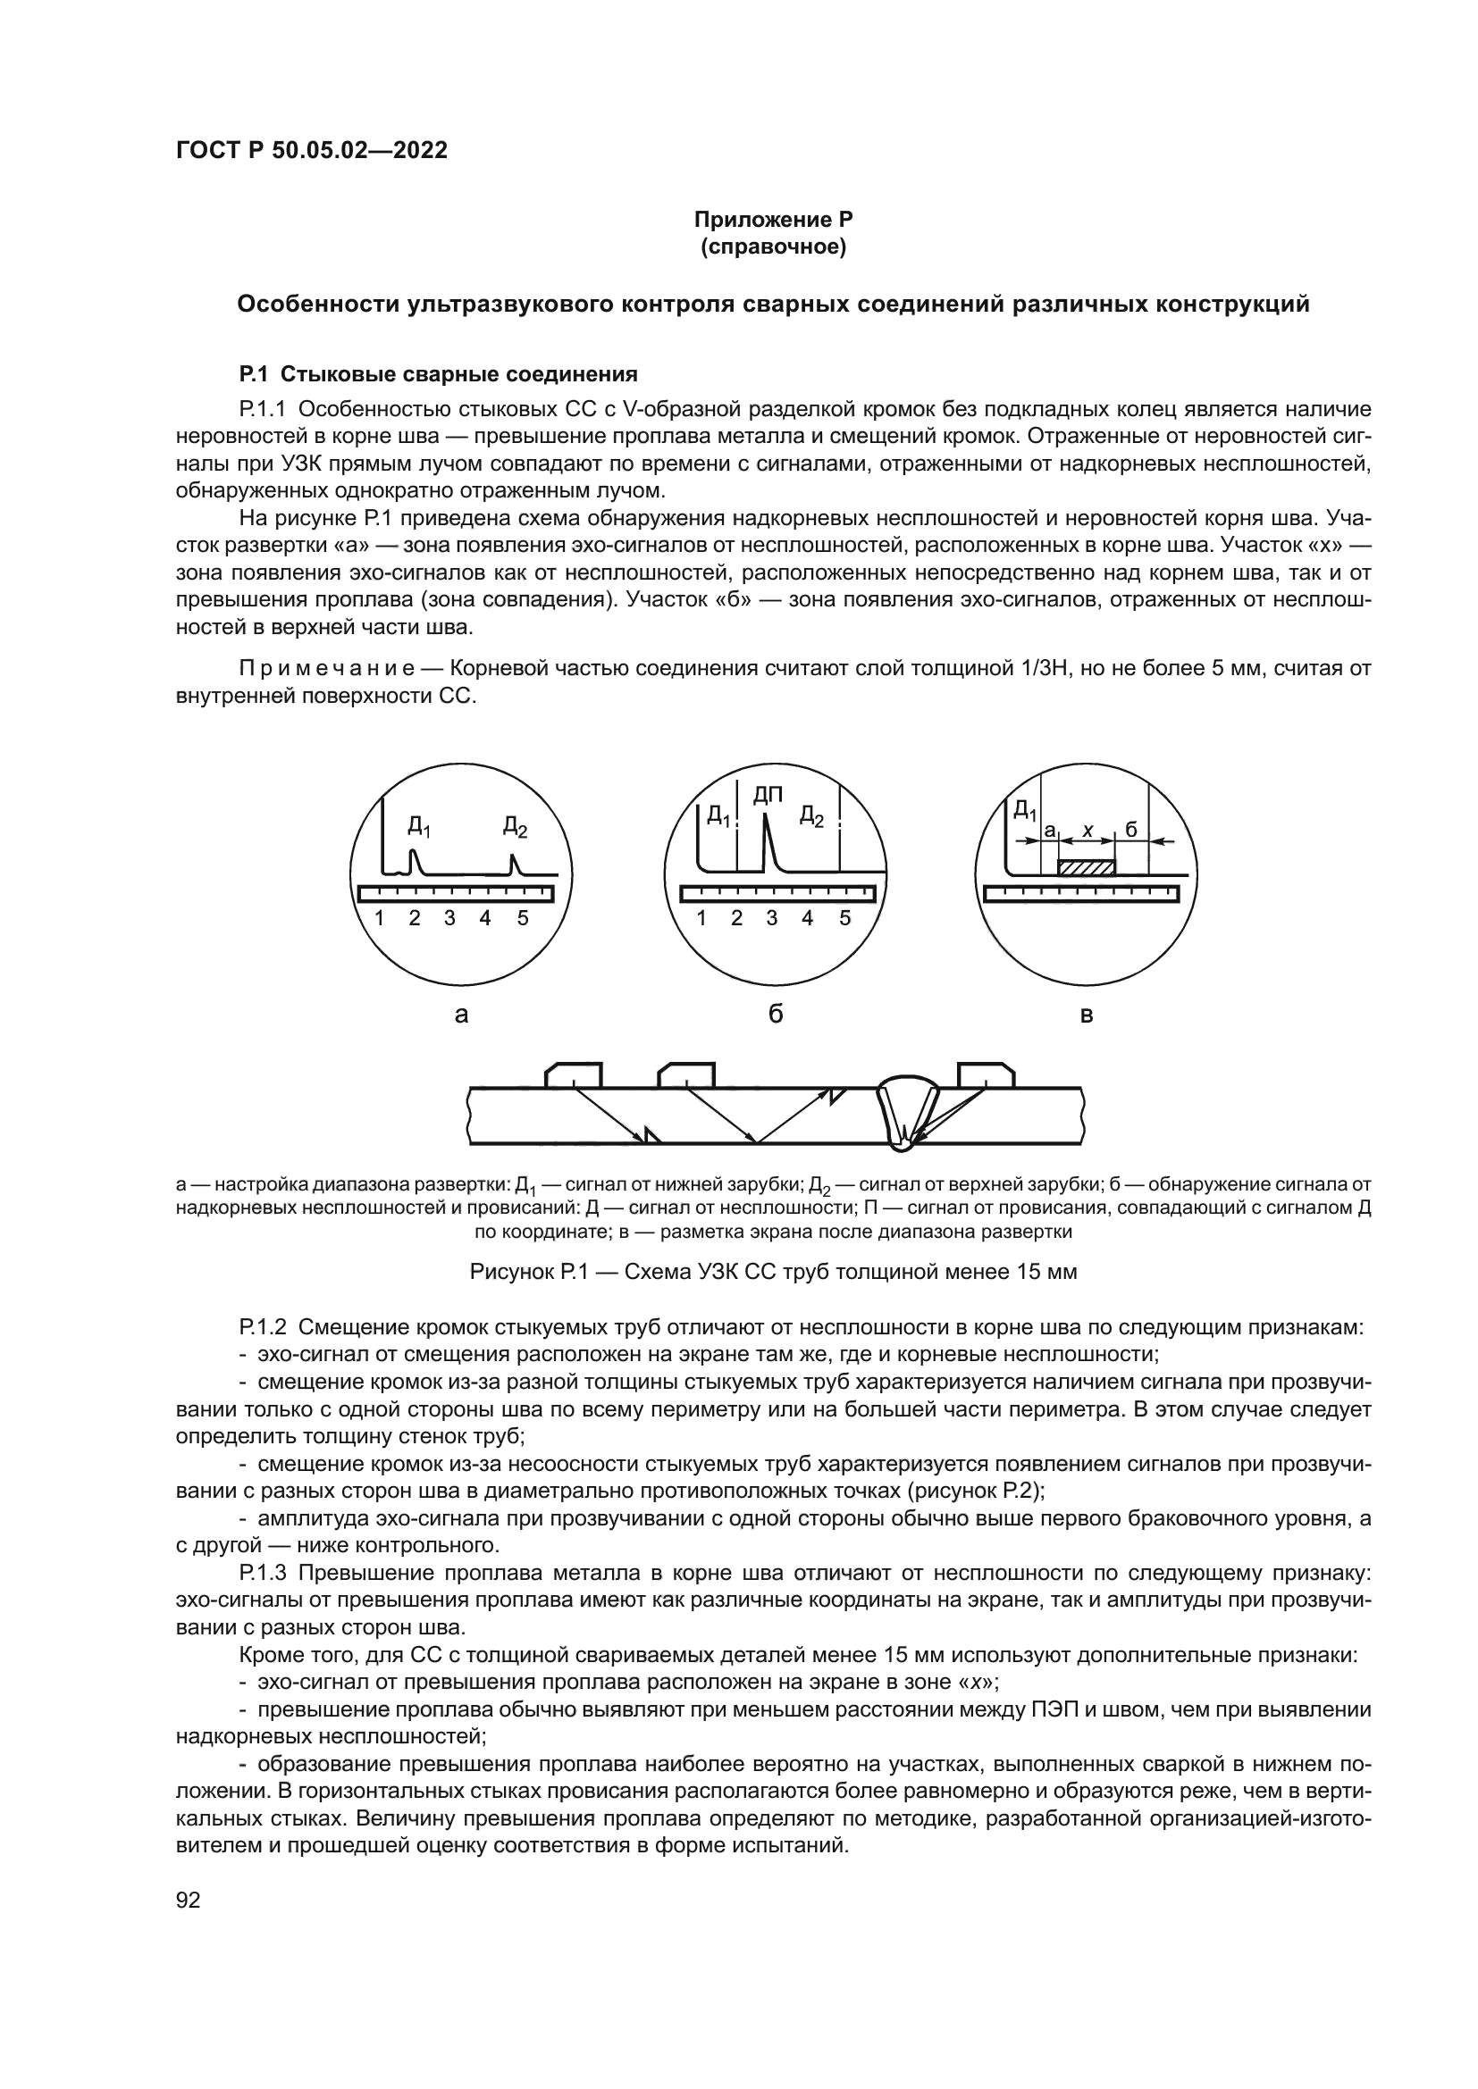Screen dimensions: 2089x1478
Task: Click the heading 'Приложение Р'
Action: click(x=773, y=220)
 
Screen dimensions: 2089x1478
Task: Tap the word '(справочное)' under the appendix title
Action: click(x=773, y=247)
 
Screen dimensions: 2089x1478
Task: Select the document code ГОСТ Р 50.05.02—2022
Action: click(x=311, y=150)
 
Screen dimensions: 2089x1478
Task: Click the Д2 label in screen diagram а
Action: click(x=515, y=827)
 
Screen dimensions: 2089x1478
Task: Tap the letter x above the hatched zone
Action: click(x=1087, y=830)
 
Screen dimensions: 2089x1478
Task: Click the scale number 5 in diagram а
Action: click(x=523, y=918)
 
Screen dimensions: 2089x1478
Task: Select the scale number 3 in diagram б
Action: click(x=772, y=918)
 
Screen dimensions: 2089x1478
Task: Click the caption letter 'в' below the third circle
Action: click(x=1086, y=1015)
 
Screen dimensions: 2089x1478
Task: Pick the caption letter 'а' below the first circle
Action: click(x=461, y=1014)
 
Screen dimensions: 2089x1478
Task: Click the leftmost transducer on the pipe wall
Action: click(x=574, y=1074)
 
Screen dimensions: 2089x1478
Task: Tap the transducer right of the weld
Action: click(x=987, y=1074)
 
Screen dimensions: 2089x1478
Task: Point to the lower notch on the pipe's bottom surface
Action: click(x=650, y=1134)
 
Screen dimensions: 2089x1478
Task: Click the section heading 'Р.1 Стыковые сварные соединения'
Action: click(x=438, y=374)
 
